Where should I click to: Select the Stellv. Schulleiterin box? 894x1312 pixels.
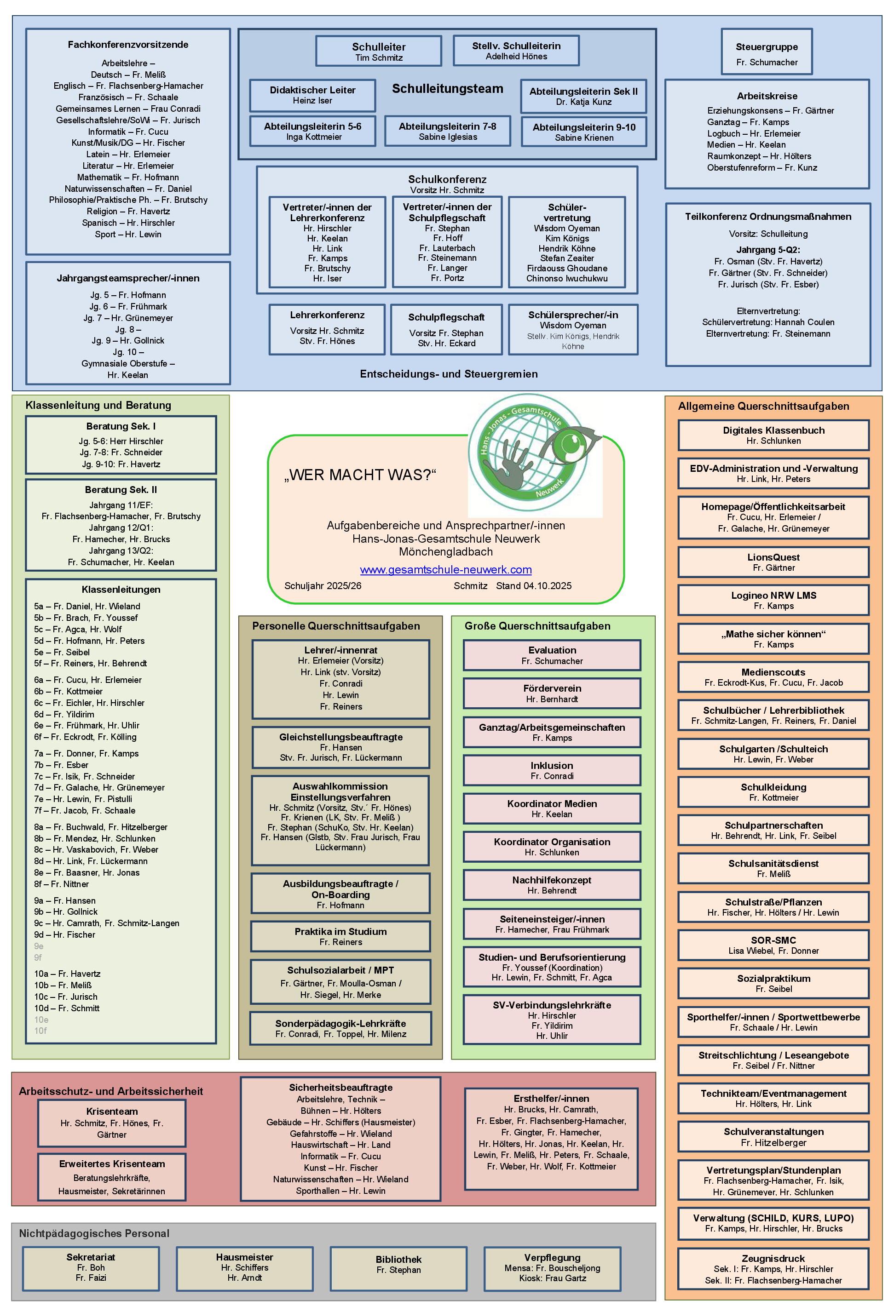point(516,51)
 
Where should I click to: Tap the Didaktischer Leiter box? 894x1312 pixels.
point(312,95)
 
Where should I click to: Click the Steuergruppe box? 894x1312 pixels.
point(767,52)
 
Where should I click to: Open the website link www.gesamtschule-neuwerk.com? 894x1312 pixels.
point(445,570)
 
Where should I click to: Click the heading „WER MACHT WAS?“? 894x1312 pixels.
point(360,475)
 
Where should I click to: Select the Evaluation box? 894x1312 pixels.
point(552,655)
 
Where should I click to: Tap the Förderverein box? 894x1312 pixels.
point(552,693)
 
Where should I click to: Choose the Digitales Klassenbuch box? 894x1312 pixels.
point(773,435)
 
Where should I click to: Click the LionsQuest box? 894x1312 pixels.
point(773,561)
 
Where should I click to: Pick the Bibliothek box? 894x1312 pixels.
point(399,1268)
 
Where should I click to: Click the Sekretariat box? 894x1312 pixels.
point(91,1267)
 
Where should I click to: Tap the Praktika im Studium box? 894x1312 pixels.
point(340,936)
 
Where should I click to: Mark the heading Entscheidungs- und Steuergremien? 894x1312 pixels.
point(449,374)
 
